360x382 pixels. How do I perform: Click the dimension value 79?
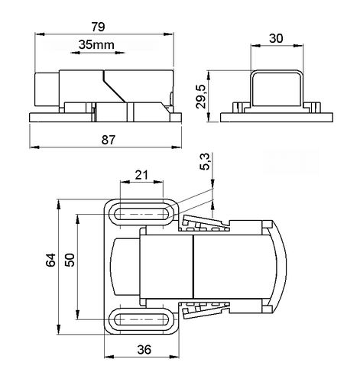click(x=98, y=27)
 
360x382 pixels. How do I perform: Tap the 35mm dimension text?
click(x=96, y=45)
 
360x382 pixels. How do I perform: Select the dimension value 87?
click(x=109, y=140)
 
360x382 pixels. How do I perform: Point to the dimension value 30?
click(x=276, y=38)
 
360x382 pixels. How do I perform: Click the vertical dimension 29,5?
click(x=201, y=96)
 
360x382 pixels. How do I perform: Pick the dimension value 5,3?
click(x=205, y=161)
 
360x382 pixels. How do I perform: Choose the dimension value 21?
click(x=141, y=175)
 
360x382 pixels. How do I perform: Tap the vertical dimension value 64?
click(x=50, y=260)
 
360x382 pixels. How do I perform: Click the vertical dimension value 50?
click(x=70, y=260)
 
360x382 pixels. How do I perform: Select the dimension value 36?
click(x=144, y=349)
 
